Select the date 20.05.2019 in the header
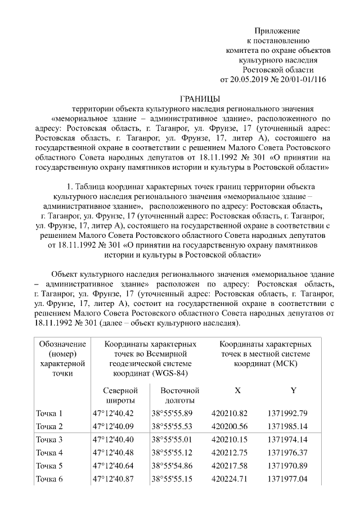pos(250,79)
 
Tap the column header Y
pos(293,390)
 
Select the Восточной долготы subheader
pos(179,395)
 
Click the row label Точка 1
pos(49,413)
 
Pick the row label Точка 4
pos(49,452)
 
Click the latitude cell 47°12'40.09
pos(114,426)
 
